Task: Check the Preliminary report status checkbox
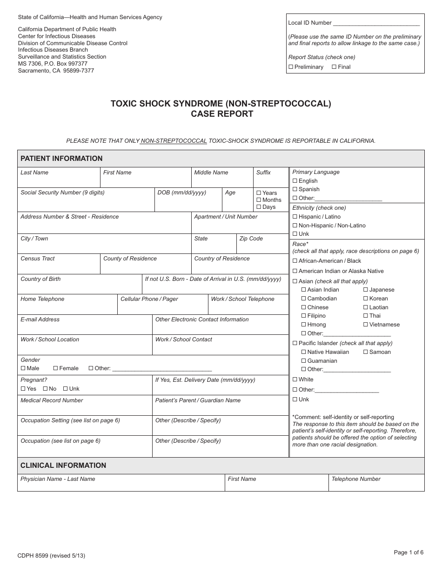[291, 67]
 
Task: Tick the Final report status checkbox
[334, 67]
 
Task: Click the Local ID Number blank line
[376, 23]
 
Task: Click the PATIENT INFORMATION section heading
[61, 159]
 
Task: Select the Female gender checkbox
[55, 368]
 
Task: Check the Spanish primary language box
[295, 189]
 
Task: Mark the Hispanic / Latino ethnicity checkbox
[295, 217]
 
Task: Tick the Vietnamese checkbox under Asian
[366, 325]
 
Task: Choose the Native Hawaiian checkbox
[304, 352]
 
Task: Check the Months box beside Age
[259, 200]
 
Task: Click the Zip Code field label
[251, 239]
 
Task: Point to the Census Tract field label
[38, 259]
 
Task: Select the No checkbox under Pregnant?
[45, 389]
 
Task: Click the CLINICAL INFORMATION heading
[63, 466]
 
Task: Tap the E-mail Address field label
[40, 319]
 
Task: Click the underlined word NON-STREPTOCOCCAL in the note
[174, 140]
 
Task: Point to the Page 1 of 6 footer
[409, 552]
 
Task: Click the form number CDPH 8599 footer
[51, 555]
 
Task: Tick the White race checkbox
[295, 379]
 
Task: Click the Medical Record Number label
[52, 400]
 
